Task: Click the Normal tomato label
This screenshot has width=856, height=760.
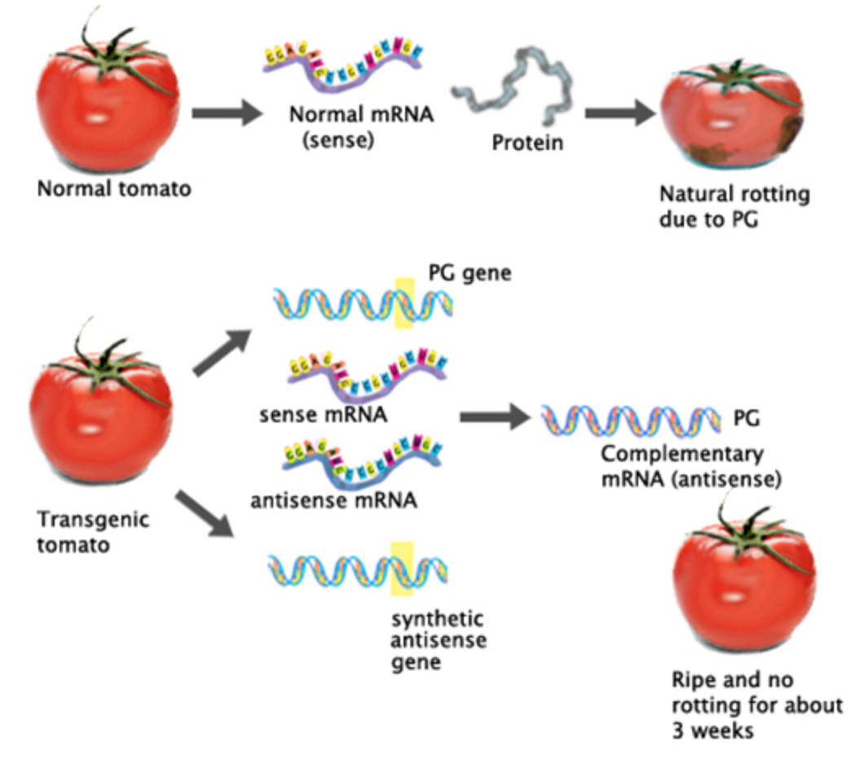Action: click(114, 189)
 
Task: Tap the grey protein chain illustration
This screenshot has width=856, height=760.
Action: click(513, 86)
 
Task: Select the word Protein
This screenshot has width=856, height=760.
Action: click(527, 143)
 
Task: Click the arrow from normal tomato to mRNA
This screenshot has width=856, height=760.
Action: click(227, 113)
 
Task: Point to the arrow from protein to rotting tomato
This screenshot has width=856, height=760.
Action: click(620, 113)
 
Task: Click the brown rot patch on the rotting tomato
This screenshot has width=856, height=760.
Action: click(791, 133)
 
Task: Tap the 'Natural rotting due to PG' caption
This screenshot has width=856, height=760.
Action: click(735, 206)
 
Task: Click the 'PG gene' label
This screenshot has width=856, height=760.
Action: click(470, 272)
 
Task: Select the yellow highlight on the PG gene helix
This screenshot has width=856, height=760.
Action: click(404, 303)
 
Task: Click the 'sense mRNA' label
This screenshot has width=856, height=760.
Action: click(323, 414)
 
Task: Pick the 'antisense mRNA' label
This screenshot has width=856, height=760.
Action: click(333, 500)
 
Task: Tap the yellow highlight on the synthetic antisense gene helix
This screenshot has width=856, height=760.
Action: click(402, 568)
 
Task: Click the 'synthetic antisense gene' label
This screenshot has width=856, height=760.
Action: click(439, 640)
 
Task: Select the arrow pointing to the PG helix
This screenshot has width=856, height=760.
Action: click(495, 418)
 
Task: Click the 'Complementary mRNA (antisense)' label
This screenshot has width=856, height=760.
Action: click(691, 466)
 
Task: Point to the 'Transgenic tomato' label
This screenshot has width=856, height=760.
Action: click(93, 532)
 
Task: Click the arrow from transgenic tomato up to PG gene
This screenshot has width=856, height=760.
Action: click(223, 352)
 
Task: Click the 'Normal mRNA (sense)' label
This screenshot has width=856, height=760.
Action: click(361, 126)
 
